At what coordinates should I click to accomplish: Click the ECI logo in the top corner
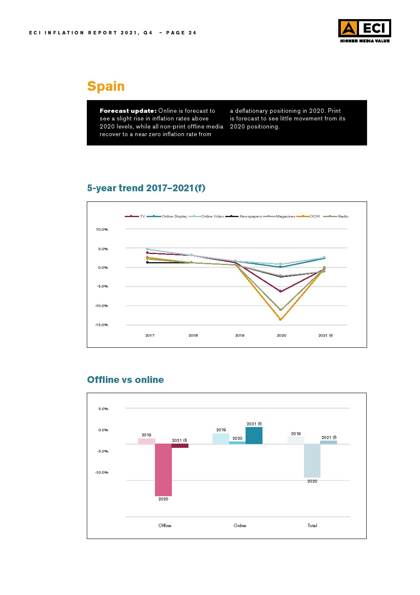[365, 31]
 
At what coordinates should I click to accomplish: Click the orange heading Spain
[106, 86]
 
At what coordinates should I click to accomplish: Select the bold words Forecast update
[128, 111]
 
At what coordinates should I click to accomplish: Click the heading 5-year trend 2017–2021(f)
[146, 188]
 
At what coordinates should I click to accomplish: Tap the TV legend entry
[135, 216]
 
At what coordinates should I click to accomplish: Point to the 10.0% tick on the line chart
[102, 229]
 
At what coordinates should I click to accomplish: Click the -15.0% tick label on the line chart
[102, 325]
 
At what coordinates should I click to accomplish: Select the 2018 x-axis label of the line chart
[193, 335]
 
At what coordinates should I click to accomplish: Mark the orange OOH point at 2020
[280, 319]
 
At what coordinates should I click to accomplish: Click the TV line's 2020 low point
[280, 291]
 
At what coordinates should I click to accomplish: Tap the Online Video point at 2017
[147, 249]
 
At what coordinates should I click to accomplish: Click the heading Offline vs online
[125, 380]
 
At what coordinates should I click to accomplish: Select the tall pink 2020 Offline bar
[163, 469]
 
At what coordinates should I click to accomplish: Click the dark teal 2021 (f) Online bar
[254, 436]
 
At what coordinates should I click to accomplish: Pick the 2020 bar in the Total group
[312, 461]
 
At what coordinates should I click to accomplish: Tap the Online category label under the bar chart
[240, 525]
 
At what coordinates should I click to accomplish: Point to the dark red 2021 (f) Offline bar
[180, 446]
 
